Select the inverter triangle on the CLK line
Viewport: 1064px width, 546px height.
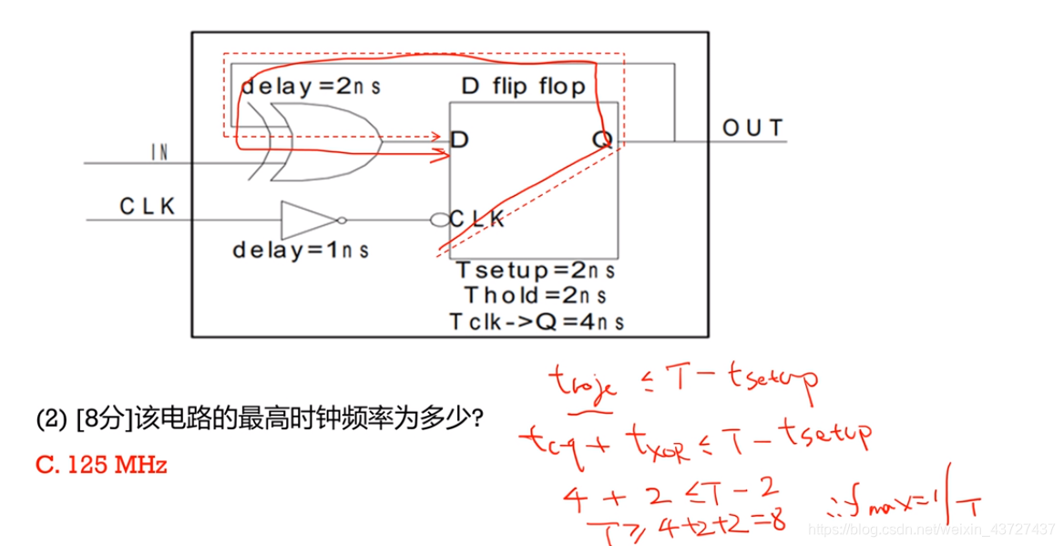(x=308, y=220)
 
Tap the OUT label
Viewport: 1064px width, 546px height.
(x=753, y=128)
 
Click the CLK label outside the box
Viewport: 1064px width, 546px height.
(x=148, y=207)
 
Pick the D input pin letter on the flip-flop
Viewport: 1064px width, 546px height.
(x=460, y=139)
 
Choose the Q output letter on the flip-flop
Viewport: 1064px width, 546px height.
(x=602, y=139)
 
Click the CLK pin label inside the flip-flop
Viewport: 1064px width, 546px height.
(x=476, y=219)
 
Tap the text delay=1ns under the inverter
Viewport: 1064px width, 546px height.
(x=302, y=249)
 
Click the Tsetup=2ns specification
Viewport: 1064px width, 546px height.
(x=536, y=271)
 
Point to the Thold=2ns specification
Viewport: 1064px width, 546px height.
(x=536, y=295)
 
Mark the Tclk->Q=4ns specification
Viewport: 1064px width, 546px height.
(x=536, y=321)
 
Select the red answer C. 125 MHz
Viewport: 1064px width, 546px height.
(x=101, y=465)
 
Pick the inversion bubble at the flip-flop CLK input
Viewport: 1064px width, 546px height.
(x=438, y=220)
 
